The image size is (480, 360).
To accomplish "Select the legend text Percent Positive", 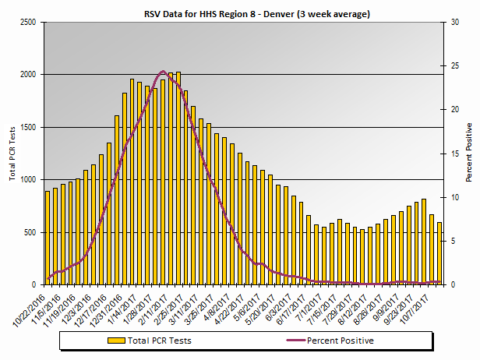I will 340,341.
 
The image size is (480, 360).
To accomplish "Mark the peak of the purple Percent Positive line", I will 162,72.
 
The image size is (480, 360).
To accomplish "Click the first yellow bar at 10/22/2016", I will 48,238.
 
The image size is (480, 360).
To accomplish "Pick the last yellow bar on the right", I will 439,253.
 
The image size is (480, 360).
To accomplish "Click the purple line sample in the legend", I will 288,341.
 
